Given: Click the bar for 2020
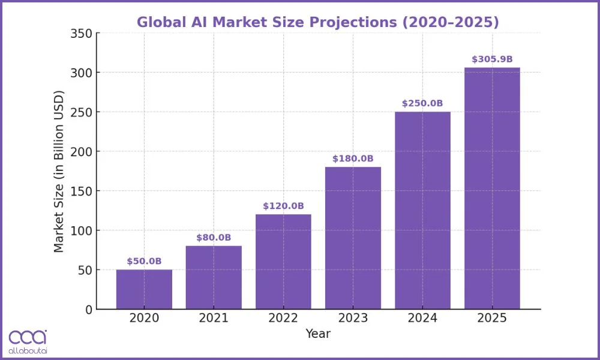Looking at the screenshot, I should pos(144,290).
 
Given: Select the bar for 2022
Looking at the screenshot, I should pos(283,262).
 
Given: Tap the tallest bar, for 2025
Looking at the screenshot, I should pos(492,188).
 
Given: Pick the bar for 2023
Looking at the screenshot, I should pos(353,238).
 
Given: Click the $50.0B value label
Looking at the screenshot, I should pos(144,261).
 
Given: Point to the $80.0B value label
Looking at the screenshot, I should pos(214,238).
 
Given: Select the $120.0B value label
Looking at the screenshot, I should pos(283,206).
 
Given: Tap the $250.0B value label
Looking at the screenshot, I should pos(422,103).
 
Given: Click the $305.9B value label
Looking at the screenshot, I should pos(492,59).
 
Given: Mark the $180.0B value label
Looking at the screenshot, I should pos(353,158).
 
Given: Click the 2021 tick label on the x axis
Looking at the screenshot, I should pos(214,318).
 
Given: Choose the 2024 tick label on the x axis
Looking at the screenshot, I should pos(422,318).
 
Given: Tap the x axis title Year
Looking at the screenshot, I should pos(318,334).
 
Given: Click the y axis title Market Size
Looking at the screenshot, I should pos(59,171).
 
